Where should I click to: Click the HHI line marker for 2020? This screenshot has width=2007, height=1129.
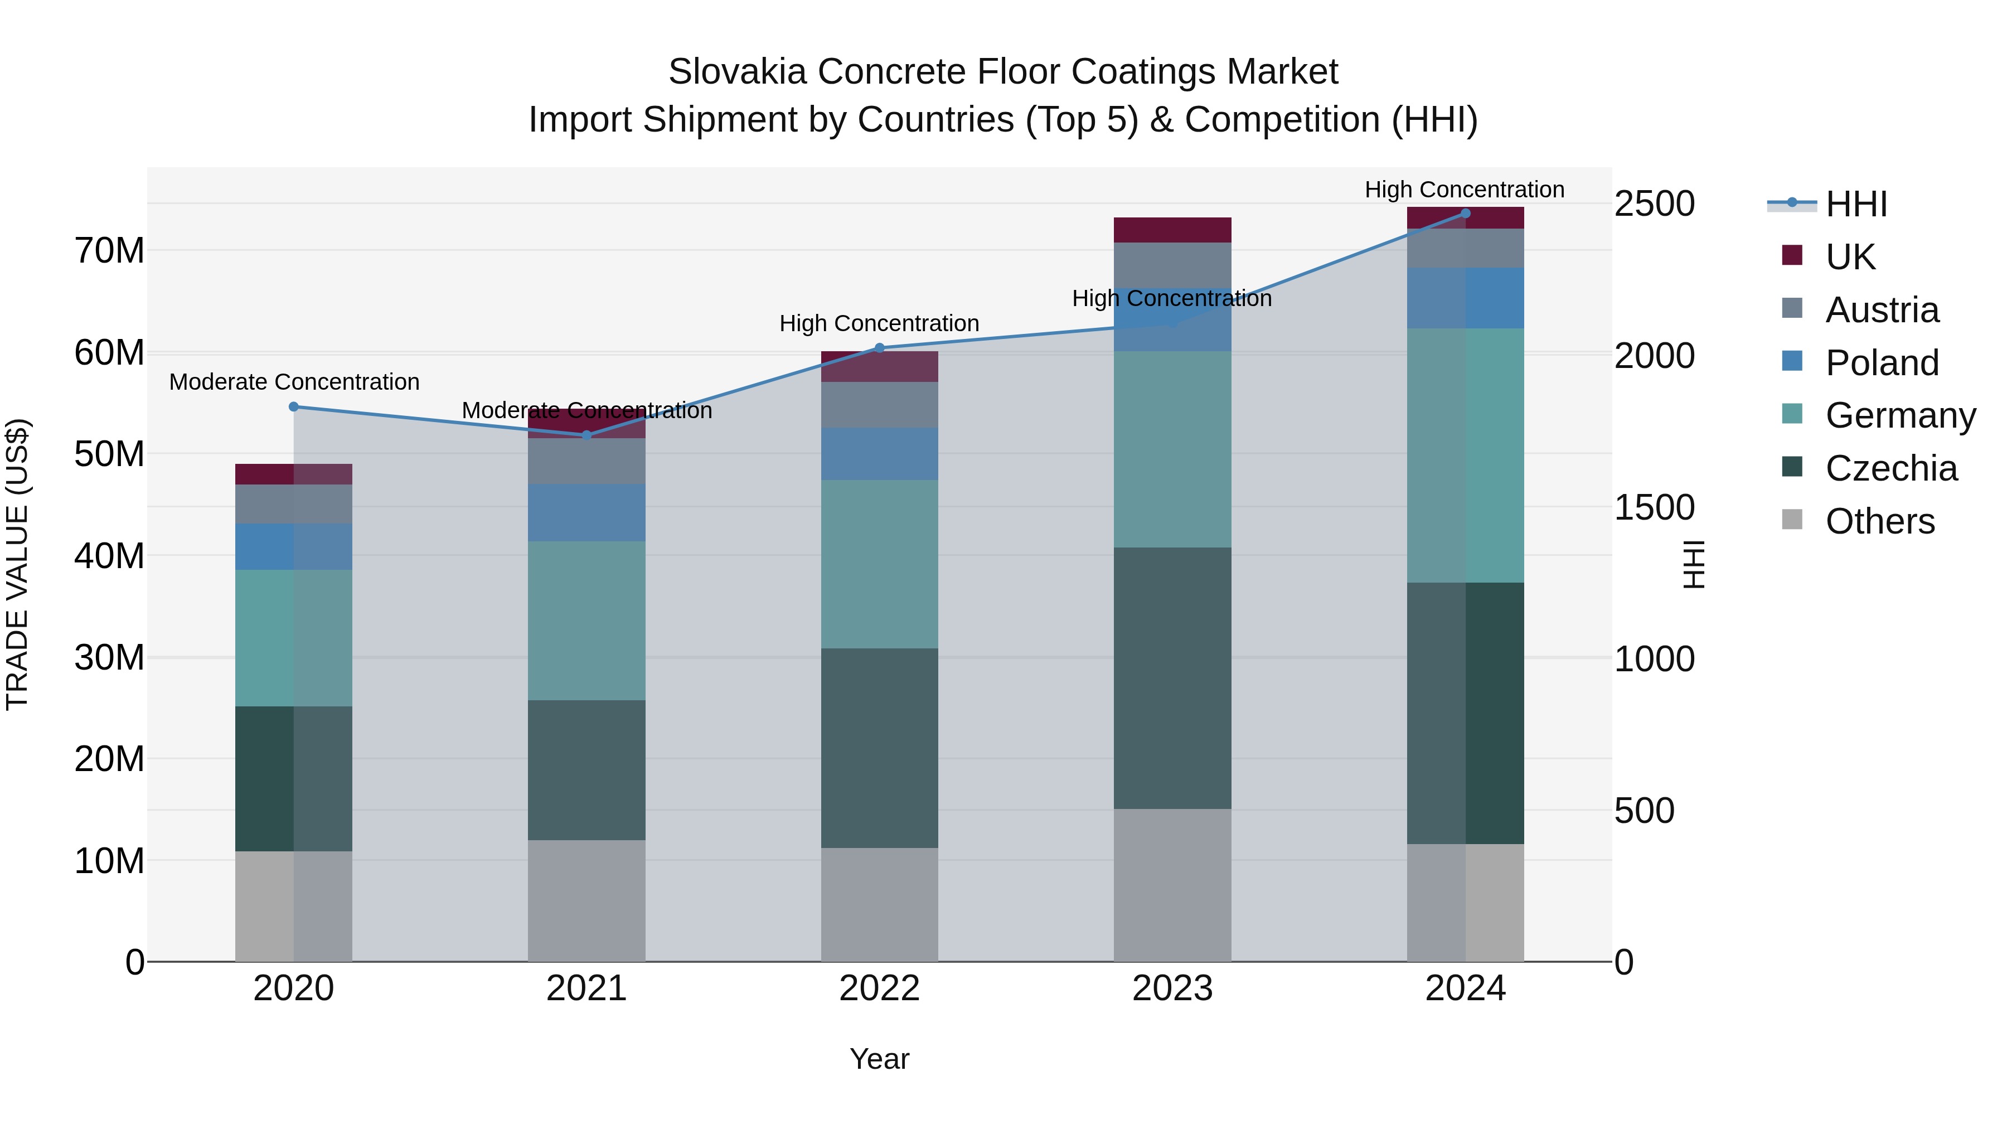tap(294, 407)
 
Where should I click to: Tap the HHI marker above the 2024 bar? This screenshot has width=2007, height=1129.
tap(1466, 213)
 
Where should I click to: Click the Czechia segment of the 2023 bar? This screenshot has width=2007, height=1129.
tap(1172, 678)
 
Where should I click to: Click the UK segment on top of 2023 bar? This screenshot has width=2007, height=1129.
tap(1172, 230)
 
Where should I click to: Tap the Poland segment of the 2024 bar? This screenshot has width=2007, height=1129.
tap(1466, 298)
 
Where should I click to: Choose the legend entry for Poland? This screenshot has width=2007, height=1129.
tap(1882, 363)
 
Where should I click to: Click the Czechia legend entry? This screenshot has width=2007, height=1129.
tap(1891, 469)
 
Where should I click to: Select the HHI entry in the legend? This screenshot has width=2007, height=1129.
tap(1856, 204)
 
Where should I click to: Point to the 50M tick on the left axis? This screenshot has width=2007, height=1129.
tap(109, 454)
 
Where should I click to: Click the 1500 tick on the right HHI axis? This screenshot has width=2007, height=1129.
tap(1654, 507)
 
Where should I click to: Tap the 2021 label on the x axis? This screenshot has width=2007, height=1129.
tap(586, 989)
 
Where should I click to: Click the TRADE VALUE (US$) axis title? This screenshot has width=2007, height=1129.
tap(18, 564)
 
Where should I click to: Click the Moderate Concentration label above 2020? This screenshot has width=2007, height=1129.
tap(294, 382)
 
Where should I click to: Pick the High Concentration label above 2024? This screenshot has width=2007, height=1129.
tap(1464, 190)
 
